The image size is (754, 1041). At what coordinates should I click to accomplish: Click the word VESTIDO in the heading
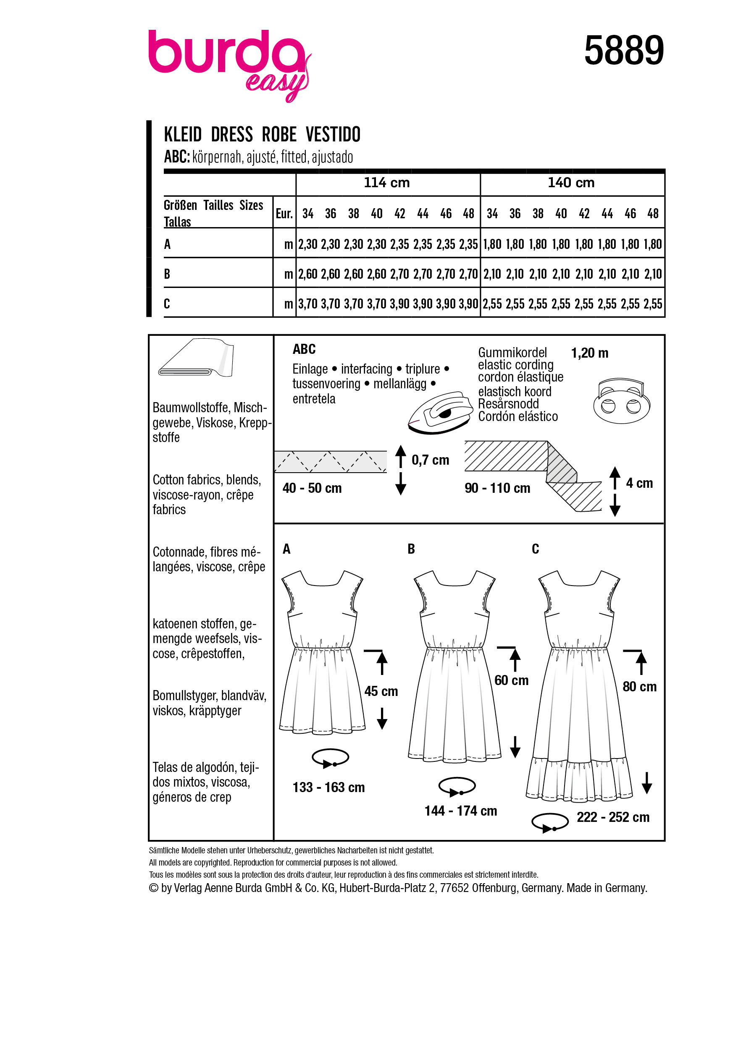333,134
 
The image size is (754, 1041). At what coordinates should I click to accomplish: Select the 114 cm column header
386,183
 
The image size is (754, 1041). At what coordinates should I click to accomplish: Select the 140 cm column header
571,183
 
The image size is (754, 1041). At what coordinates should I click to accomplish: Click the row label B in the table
167,274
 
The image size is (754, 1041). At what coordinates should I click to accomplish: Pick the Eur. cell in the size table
284,213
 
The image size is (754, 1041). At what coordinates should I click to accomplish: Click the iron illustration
440,412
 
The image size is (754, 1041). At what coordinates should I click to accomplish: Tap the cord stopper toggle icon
622,401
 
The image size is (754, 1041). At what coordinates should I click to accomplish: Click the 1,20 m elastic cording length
590,353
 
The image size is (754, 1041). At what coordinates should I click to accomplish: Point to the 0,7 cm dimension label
430,460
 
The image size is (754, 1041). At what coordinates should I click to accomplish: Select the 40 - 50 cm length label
312,488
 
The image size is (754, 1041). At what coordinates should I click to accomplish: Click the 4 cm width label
639,483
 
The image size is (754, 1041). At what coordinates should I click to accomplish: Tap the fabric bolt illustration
197,358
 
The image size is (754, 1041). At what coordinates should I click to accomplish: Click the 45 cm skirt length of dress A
381,691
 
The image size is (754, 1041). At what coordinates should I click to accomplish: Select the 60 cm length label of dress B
511,680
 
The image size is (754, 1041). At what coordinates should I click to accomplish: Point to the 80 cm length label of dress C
639,687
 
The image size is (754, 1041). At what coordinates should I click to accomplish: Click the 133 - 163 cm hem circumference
329,787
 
